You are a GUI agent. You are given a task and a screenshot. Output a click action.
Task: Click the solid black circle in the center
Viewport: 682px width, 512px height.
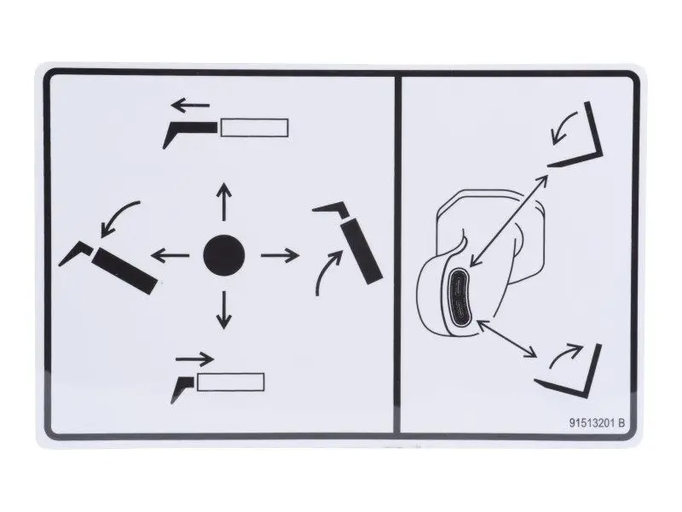[x=224, y=255]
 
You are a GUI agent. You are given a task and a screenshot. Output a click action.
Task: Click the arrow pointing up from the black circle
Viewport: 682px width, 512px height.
[x=224, y=202]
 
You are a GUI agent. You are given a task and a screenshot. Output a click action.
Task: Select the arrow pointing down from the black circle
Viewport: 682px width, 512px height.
[x=224, y=310]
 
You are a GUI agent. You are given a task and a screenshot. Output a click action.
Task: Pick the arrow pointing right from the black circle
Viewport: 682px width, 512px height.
[x=280, y=255]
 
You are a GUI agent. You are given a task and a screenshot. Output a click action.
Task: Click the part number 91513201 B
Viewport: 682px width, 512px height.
[x=597, y=422]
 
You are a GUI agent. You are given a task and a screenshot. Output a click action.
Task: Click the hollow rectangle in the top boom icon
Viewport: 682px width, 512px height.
[x=254, y=127]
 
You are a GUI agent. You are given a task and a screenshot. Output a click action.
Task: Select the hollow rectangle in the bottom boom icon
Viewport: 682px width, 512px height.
[x=230, y=381]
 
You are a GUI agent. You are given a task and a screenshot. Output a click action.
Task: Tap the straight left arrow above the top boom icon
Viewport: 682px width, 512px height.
[x=190, y=105]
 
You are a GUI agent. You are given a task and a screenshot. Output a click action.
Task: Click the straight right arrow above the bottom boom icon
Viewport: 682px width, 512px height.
[x=195, y=359]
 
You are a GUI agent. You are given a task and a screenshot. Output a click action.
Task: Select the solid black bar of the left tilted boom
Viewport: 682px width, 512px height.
[x=125, y=271]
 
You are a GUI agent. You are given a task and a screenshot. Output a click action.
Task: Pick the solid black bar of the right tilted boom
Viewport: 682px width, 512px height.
[x=361, y=252]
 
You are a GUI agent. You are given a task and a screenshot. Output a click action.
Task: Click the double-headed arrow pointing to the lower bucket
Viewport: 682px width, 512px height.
[x=507, y=339]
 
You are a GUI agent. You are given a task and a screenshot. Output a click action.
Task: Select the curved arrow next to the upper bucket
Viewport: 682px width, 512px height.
[x=564, y=126]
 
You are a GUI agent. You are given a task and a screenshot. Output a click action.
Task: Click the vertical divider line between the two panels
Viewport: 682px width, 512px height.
[x=396, y=255]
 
